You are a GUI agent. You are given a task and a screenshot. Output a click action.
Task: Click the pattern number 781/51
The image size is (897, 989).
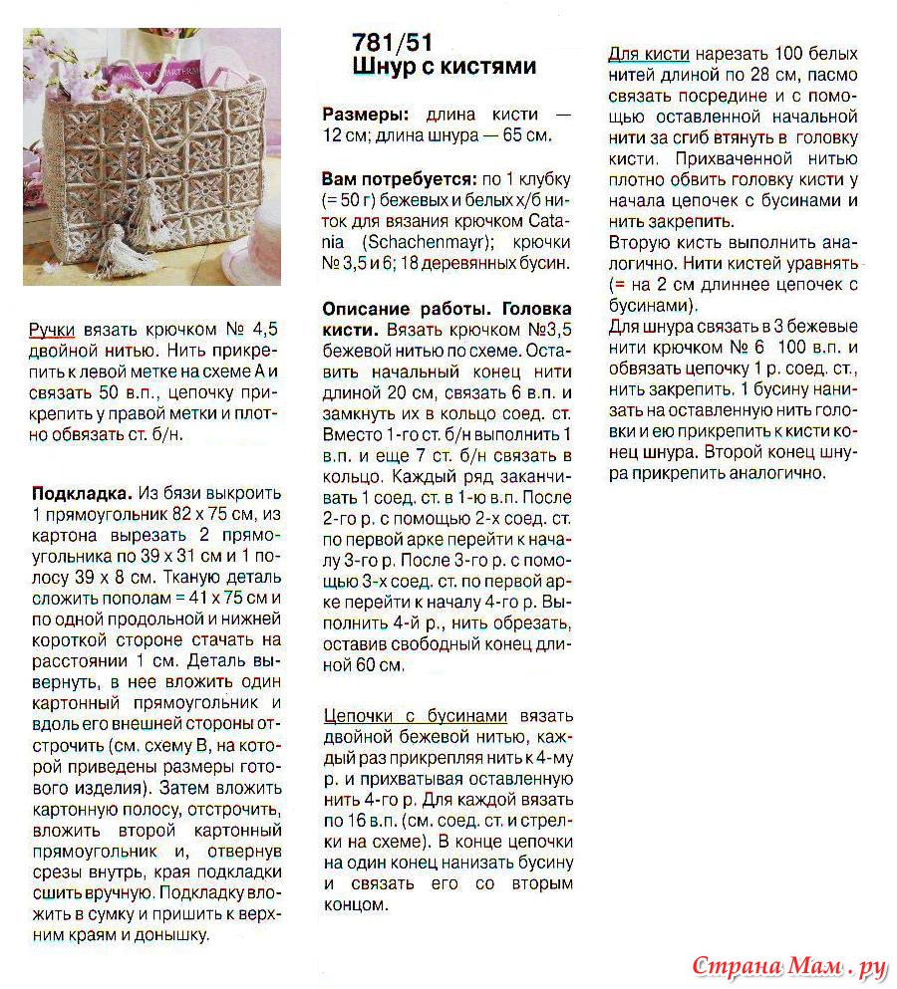click(x=393, y=43)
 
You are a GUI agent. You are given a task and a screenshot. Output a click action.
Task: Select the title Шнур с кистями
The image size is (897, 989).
click(x=445, y=68)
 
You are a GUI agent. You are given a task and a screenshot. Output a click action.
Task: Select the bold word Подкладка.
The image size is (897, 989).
click(x=82, y=493)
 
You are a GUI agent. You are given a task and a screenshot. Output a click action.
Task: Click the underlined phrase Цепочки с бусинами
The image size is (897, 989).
click(x=416, y=716)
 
